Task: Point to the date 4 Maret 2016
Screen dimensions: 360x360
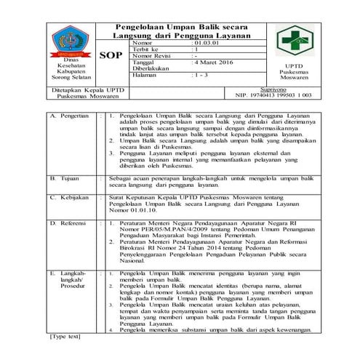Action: point(215,62)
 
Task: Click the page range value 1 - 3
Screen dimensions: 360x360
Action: point(199,75)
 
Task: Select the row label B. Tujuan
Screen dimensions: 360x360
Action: point(65,177)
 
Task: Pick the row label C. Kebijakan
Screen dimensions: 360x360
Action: point(69,196)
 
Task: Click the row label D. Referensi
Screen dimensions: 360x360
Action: point(70,223)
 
